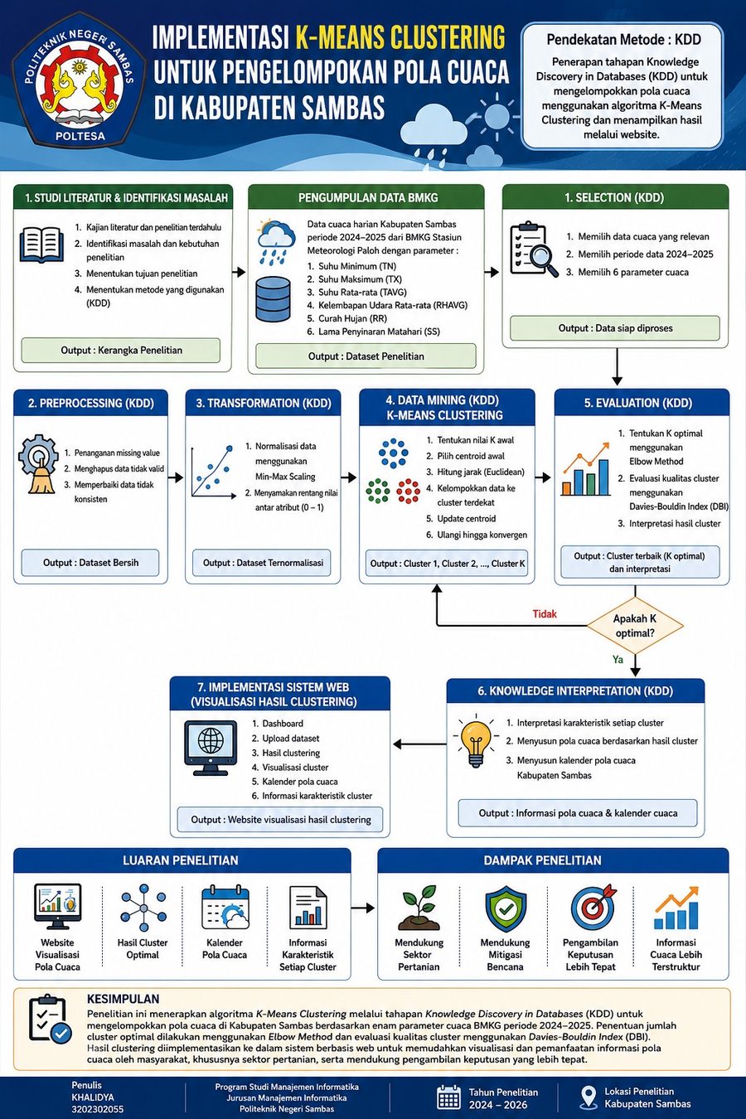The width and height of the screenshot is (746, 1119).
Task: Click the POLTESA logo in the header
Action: click(x=79, y=81)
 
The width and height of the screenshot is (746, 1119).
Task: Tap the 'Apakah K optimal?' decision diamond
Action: click(x=635, y=626)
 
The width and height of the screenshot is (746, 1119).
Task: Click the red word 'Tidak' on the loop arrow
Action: click(x=544, y=614)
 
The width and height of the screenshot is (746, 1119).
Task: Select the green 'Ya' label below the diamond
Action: click(x=618, y=660)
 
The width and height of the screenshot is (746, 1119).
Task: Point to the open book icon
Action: click(x=42, y=245)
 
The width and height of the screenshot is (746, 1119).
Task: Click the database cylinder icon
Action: click(x=273, y=298)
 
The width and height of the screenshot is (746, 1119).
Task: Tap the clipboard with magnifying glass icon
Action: click(x=534, y=249)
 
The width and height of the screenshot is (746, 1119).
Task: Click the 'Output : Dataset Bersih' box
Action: click(x=90, y=563)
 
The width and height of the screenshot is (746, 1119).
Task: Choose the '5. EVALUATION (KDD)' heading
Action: click(x=638, y=403)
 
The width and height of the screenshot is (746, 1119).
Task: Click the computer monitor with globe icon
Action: click(x=211, y=748)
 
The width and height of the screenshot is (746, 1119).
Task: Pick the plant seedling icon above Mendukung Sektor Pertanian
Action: click(x=419, y=908)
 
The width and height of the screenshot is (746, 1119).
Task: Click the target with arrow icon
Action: click(x=593, y=908)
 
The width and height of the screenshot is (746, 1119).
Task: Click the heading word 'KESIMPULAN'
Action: click(x=123, y=999)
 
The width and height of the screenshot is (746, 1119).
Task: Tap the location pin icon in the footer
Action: click(x=589, y=1097)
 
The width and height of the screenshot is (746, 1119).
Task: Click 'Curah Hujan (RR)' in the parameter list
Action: click(x=352, y=318)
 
